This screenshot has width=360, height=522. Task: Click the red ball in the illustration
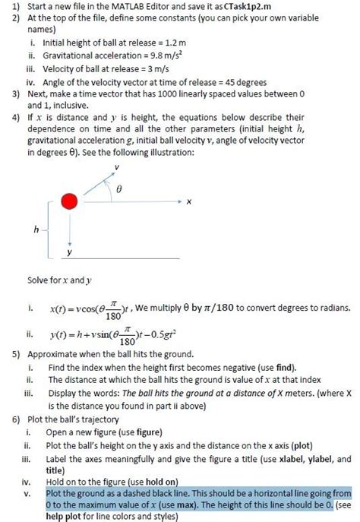70,202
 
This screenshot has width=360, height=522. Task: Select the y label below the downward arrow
71,252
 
